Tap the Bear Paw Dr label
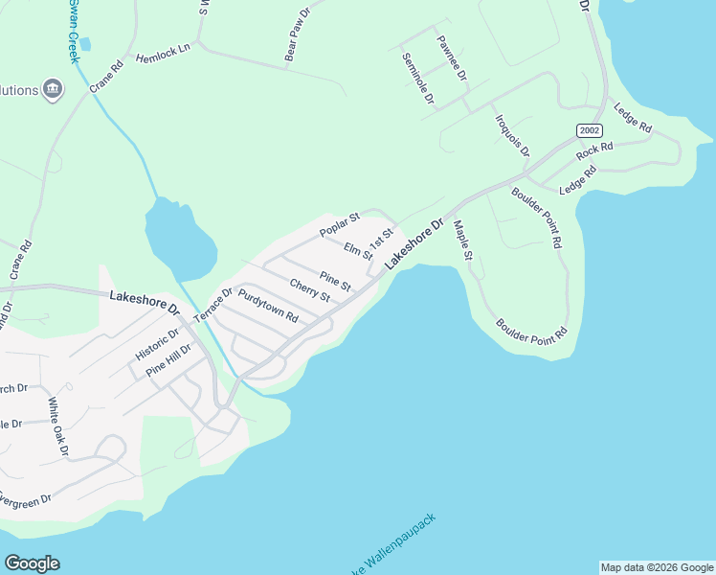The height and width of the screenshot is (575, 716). [x=299, y=36]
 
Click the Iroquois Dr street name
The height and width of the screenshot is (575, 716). [x=512, y=135]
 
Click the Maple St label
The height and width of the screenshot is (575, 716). [x=463, y=240]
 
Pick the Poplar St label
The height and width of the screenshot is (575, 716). [x=339, y=224]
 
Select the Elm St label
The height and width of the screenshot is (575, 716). [x=358, y=251]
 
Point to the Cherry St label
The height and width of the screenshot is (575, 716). [x=309, y=289]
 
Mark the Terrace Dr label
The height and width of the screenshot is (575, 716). [x=213, y=305]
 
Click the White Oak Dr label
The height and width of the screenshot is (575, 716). [x=58, y=425]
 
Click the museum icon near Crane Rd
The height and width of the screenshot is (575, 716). [x=53, y=91]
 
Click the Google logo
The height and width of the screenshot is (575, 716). [x=32, y=563]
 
